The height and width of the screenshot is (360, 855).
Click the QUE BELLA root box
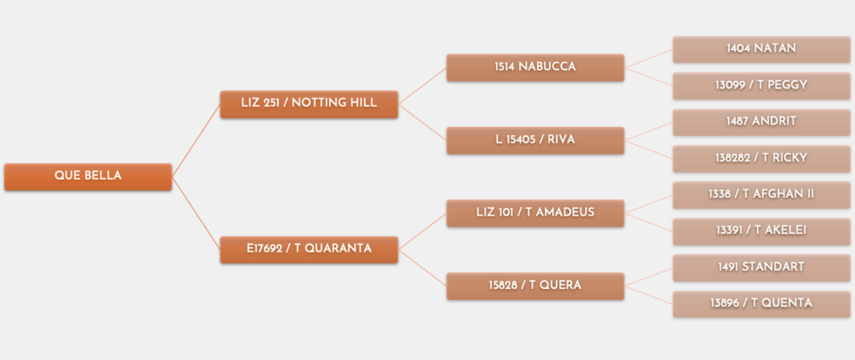(x=88, y=177)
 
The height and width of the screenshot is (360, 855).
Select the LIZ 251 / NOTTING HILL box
(x=309, y=104)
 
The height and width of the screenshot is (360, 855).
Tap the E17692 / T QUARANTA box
(x=309, y=250)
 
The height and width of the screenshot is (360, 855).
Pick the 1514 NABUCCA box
(x=535, y=68)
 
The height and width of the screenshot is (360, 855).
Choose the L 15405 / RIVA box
(x=535, y=140)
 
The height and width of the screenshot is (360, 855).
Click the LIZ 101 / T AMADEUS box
(x=535, y=213)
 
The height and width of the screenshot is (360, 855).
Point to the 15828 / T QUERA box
(x=535, y=286)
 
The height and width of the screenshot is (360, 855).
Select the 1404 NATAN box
(x=761, y=49)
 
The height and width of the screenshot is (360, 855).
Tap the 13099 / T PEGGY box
(x=761, y=86)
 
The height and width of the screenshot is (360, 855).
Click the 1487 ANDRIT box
(x=761, y=122)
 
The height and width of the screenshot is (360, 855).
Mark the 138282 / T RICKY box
(x=761, y=159)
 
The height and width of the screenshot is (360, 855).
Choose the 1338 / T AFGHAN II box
(x=761, y=195)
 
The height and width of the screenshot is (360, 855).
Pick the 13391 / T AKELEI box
(x=761, y=231)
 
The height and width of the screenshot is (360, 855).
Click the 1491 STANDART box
(x=761, y=268)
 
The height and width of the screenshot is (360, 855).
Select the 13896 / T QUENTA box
(x=761, y=304)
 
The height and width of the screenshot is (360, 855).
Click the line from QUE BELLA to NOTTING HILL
(x=196, y=140)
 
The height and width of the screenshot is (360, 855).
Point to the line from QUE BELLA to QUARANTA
(x=196, y=213)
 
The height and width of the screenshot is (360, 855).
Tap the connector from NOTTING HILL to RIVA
(x=422, y=122)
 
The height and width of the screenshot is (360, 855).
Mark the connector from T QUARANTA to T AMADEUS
(x=422, y=232)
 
